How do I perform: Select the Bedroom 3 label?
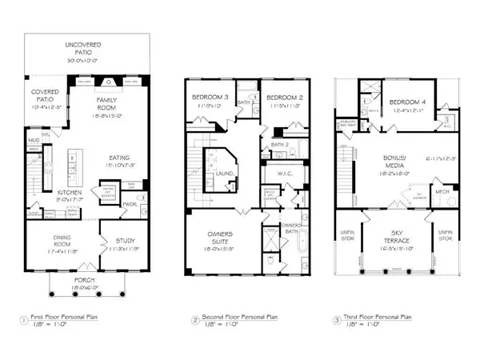click(206, 99)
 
